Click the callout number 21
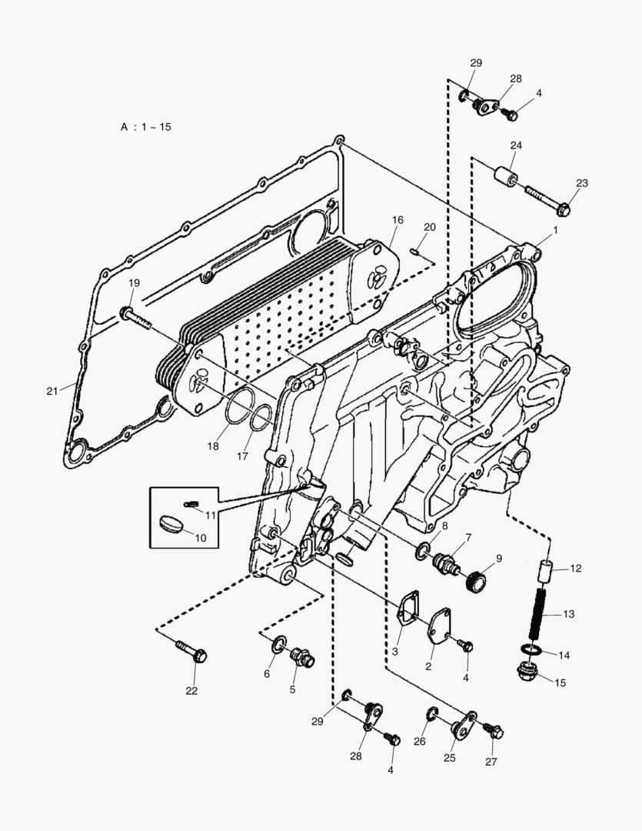[52, 391]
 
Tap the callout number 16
[397, 220]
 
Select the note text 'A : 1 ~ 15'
[145, 127]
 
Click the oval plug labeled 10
[170, 525]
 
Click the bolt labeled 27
[492, 731]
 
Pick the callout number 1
[554, 230]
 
